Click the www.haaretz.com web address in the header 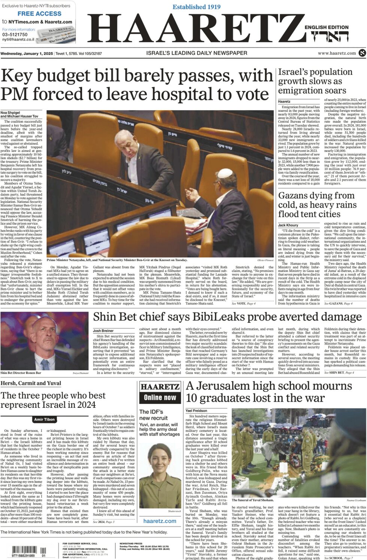pyautogui.click(x=337, y=53)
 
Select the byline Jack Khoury pyautogui.click(x=288, y=225)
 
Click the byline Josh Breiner pyautogui.click(x=103, y=331)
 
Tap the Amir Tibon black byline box pyautogui.click(x=45, y=419)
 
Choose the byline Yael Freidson pyautogui.click(x=197, y=411)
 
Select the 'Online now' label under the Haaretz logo pyautogui.click(x=160, y=398)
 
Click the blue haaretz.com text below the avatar pyautogui.click(x=160, y=521)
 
